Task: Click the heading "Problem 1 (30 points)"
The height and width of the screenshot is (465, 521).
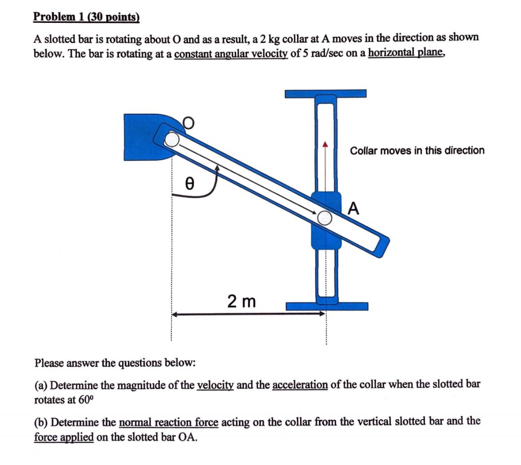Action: (86, 16)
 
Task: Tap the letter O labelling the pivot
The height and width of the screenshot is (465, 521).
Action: (188, 122)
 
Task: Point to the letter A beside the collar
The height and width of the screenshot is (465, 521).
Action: (354, 208)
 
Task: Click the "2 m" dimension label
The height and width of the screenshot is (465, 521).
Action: (241, 302)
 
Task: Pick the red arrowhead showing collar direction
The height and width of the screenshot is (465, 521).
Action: (326, 145)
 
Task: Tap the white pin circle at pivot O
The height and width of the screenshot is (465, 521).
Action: (172, 139)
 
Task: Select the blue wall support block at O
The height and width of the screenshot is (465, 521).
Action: (140, 136)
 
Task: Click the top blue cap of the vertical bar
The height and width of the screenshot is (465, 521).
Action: (326, 94)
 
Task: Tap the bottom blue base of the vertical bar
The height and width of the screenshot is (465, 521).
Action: (327, 306)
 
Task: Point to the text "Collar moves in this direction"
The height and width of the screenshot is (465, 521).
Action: (417, 150)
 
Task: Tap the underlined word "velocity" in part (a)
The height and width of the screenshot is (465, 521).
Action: (215, 384)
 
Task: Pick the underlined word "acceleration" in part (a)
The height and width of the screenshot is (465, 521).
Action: (300, 384)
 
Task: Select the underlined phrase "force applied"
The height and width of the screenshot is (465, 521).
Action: (64, 437)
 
